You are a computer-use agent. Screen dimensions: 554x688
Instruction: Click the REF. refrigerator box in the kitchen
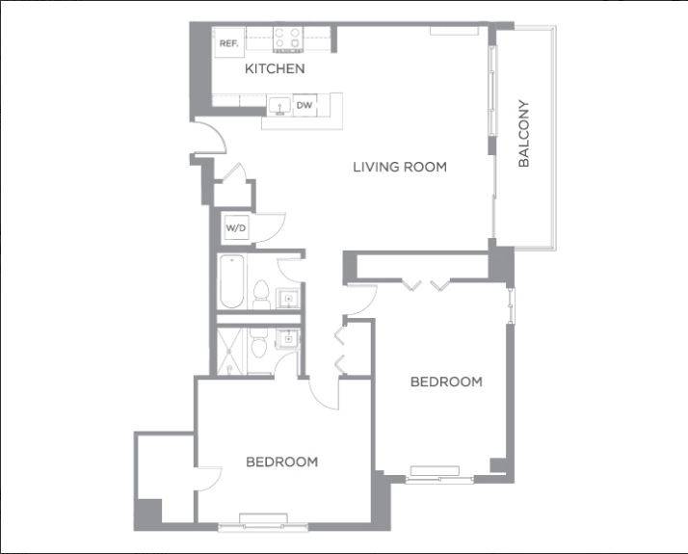pos(228,43)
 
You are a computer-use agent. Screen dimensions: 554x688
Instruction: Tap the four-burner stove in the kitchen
pos(288,39)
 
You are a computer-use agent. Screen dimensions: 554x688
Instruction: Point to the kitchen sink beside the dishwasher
pos(279,105)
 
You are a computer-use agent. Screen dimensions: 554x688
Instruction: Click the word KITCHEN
pos(275,68)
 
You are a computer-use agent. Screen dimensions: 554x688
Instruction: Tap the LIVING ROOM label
pos(399,167)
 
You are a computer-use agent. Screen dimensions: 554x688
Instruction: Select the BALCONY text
pos(524,134)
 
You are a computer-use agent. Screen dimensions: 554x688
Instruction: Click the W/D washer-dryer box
pos(236,228)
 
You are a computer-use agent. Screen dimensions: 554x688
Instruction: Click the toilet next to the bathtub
pos(260,292)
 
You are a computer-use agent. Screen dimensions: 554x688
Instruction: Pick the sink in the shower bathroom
pos(287,338)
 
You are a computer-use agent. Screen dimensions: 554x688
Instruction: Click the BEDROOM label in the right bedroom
pos(446,382)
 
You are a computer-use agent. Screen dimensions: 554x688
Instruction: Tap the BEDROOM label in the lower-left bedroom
pos(281,462)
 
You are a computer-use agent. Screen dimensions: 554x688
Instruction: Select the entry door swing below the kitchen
pos(209,140)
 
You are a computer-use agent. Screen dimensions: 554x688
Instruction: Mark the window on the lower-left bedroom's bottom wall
pos(257,525)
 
